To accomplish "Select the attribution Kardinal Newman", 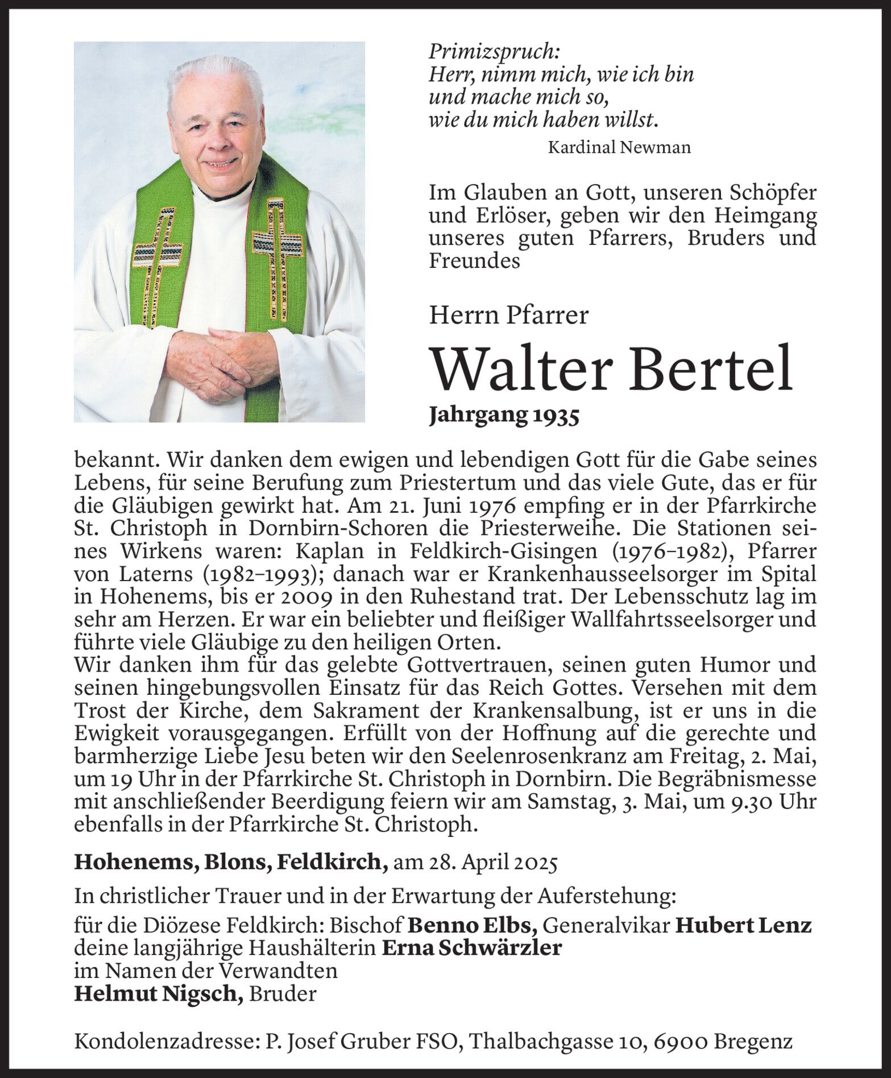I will pyautogui.click(x=619, y=148).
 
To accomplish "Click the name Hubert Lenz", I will pyautogui.click(x=743, y=926).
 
